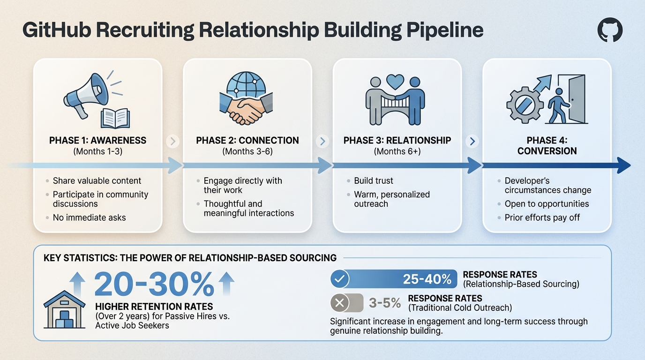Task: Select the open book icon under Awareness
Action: click(115, 117)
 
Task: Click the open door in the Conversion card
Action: click(575, 99)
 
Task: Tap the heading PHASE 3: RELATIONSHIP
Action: click(397, 140)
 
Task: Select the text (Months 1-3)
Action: click(97, 151)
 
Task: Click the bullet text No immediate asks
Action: click(89, 217)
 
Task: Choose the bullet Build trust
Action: click(374, 180)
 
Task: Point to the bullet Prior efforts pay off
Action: click(542, 217)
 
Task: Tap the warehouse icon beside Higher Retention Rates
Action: click(64, 311)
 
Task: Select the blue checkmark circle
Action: click(340, 279)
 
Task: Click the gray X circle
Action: click(340, 303)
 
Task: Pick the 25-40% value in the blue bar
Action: click(427, 279)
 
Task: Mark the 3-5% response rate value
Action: click(385, 303)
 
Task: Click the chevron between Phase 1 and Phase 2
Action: click(172, 141)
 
